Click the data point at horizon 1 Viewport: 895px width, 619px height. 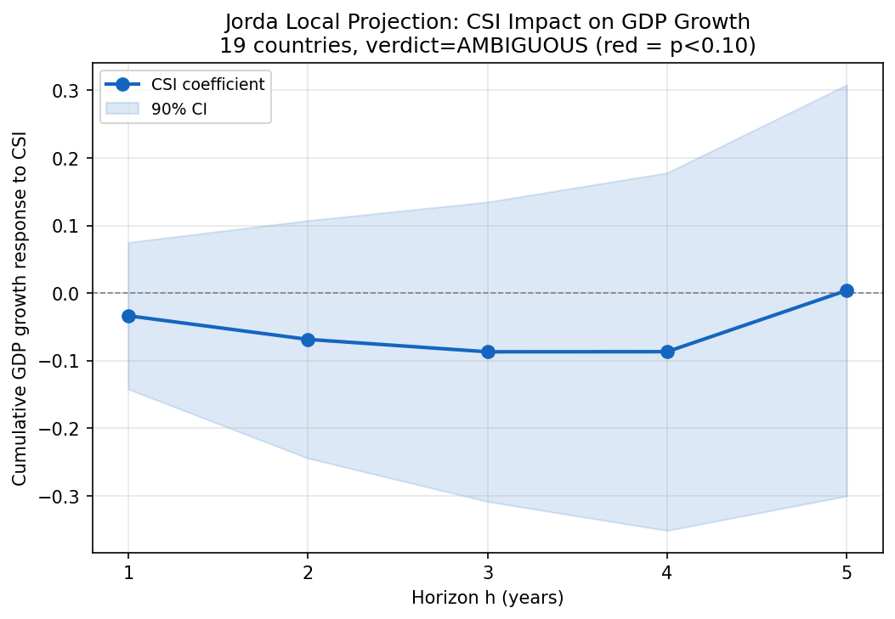(128, 316)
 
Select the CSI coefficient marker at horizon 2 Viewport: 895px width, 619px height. (308, 340)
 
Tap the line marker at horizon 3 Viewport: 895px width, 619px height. (488, 352)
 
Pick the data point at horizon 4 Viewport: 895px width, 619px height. (667, 352)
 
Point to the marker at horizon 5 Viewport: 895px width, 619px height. (847, 290)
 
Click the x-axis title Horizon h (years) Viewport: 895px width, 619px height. (488, 598)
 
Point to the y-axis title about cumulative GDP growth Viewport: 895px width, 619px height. (20, 308)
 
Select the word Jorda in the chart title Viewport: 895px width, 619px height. (252, 22)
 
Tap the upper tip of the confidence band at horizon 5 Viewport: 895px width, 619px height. (847, 86)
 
